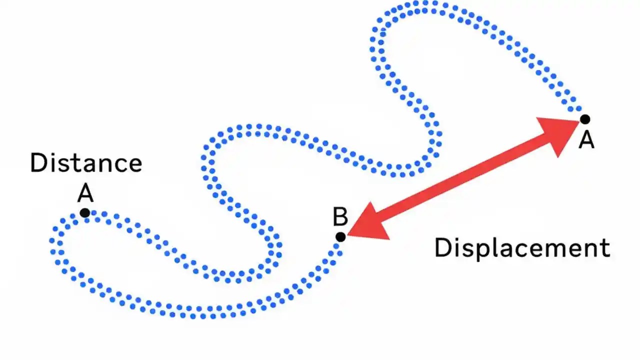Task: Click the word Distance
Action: point(86,163)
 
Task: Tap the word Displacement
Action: point(522,248)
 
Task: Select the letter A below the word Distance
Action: point(85,193)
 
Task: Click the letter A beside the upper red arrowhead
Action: point(586,140)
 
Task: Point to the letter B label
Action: point(340,217)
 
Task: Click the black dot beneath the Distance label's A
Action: point(85,213)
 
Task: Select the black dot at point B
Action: point(340,236)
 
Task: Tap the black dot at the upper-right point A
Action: point(584,119)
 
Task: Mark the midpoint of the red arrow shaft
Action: point(462,177)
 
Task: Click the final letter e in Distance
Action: point(134,165)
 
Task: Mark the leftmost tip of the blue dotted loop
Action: point(52,241)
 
